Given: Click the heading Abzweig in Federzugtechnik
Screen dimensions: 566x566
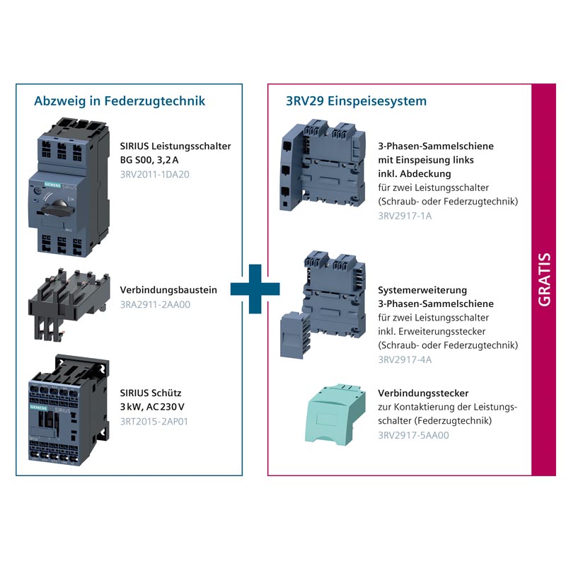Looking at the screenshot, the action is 120,101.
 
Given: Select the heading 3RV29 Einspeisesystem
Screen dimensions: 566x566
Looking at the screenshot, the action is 356,101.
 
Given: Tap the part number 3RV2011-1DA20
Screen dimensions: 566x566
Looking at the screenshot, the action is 154,174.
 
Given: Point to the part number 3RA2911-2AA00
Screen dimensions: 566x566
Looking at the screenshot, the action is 155,305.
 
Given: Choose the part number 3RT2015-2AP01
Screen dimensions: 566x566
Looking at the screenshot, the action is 154,422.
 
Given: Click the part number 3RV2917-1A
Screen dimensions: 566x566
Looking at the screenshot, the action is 405,216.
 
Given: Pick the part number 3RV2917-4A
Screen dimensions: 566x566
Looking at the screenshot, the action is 405,359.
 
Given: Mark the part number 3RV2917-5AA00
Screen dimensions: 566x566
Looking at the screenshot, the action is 413,435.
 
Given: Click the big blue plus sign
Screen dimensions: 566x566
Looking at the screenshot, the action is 255,289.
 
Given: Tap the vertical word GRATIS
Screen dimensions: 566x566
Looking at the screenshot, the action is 544,279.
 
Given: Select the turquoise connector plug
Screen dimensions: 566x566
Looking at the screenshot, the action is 335,414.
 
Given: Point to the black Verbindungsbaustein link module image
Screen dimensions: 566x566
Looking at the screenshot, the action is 69,304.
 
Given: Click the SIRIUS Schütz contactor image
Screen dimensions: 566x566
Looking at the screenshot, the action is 69,410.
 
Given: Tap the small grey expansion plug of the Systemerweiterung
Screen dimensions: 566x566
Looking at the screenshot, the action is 295,335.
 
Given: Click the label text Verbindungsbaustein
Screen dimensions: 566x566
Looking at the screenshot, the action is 168,290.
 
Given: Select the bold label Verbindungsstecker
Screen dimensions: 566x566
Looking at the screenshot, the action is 423,393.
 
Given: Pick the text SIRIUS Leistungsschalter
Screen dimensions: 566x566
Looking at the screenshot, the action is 175,146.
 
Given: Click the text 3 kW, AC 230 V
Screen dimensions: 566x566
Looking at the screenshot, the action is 152,407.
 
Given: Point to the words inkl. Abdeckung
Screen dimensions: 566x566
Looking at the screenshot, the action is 415,174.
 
